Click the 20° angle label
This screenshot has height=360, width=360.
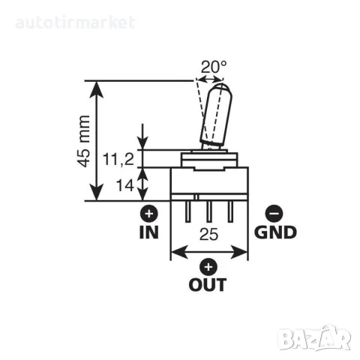214,67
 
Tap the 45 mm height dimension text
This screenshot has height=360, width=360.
83,141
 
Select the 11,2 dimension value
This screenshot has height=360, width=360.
118,159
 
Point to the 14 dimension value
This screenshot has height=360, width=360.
124,185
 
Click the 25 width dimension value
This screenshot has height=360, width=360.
209,234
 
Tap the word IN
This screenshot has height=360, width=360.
149,232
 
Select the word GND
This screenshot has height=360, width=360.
275,232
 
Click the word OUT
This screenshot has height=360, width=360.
208,284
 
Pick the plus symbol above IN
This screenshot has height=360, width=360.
149,214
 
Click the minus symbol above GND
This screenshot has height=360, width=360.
274,214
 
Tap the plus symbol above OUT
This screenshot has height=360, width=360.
208,267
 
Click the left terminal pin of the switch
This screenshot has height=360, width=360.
187,211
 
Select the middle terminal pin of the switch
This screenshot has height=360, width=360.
209,211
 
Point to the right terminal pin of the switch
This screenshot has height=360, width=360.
230,211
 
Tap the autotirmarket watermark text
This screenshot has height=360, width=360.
76,22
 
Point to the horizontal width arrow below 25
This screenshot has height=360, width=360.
209,252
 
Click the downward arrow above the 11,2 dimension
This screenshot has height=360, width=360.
142,136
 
